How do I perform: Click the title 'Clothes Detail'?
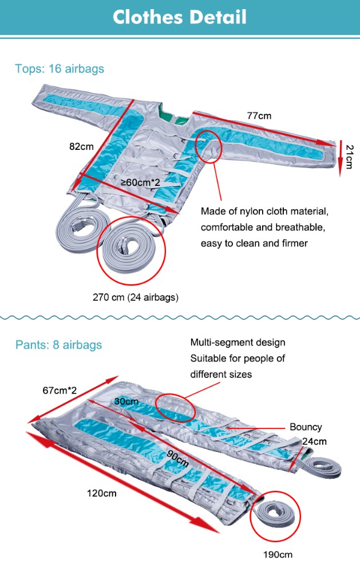(180, 17)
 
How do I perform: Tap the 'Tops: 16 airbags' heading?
(60, 69)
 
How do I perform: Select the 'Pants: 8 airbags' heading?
(58, 345)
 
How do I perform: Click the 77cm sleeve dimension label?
(259, 116)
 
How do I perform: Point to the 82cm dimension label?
(81, 146)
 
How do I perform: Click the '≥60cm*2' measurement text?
(139, 182)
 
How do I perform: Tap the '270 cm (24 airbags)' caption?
(136, 297)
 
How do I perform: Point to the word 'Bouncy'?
(306, 427)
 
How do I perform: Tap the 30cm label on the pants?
(125, 402)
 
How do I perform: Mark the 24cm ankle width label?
(315, 442)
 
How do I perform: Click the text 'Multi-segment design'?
(238, 343)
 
